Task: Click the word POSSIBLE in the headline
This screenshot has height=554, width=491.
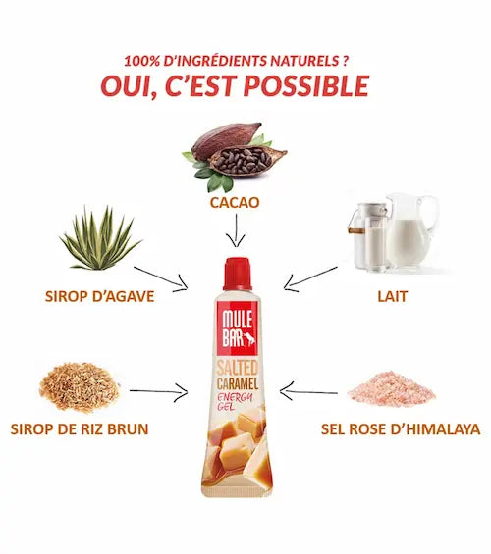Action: pos(306,86)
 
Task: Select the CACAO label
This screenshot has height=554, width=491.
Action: pos(235,202)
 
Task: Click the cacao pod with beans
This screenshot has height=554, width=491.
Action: pos(235,156)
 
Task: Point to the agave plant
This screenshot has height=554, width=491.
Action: pos(100,238)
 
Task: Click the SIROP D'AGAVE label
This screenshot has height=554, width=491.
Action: pos(100,296)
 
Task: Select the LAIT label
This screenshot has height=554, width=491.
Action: pos(393,296)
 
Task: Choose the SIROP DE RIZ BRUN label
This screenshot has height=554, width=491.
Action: pos(80,428)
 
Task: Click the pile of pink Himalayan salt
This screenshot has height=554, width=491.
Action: pos(391,388)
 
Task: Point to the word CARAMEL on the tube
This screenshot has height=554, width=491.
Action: pos(238,383)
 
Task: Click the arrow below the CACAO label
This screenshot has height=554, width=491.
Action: pos(236,230)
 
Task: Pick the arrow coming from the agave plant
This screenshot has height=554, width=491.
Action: pos(160,278)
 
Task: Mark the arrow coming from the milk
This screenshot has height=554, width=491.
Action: pos(310,279)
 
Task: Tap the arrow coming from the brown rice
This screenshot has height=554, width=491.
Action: pos(158,391)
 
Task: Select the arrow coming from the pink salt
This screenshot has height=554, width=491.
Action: pos(308,391)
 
